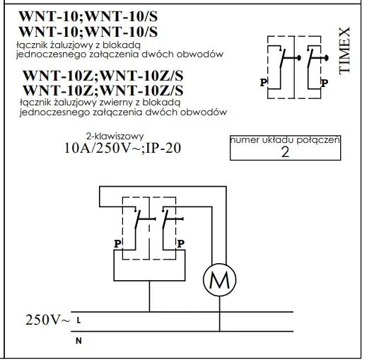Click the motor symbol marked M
(x=219, y=280)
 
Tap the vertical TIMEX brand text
(x=344, y=51)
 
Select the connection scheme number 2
(x=285, y=152)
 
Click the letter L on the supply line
(x=78, y=320)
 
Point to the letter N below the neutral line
(x=78, y=341)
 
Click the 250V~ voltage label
(x=48, y=320)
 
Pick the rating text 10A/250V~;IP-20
(x=122, y=148)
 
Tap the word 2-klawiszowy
(x=115, y=136)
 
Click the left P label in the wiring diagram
(x=117, y=243)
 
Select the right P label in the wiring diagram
(x=180, y=243)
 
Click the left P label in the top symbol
(x=263, y=82)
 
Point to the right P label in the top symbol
(x=325, y=83)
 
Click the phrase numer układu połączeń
(x=285, y=140)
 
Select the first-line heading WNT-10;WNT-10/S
(x=88, y=16)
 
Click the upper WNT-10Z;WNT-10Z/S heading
(x=103, y=76)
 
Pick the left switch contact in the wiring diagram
(x=138, y=219)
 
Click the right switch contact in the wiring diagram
(x=165, y=219)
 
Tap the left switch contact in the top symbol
(x=283, y=58)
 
